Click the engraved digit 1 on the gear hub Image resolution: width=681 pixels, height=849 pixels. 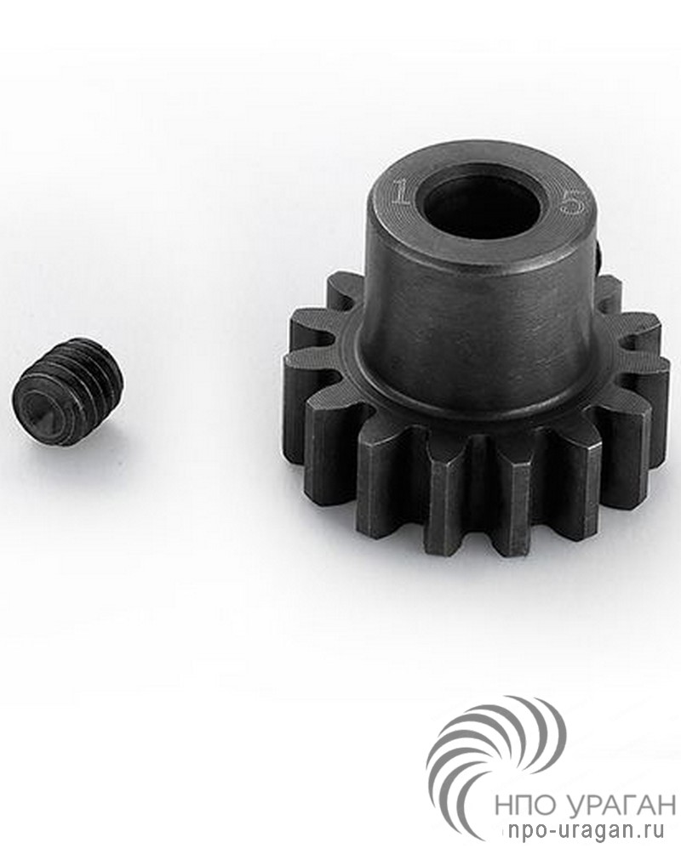pyautogui.click(x=401, y=193)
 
